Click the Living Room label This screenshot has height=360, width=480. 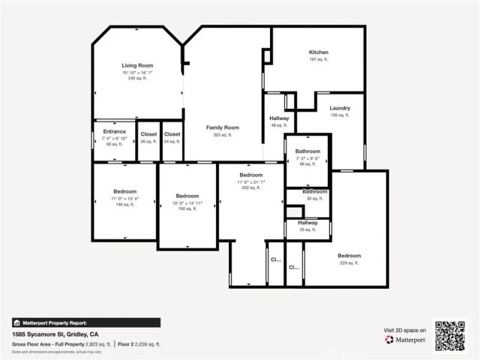pyautogui.click(x=137, y=66)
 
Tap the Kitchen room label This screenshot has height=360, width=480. pyautogui.click(x=319, y=52)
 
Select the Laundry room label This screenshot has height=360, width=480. pyautogui.click(x=340, y=108)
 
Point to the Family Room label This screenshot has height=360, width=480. pyautogui.click(x=223, y=127)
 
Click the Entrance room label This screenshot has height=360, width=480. pyautogui.click(x=114, y=131)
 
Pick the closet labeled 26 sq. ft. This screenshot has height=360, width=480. pyautogui.click(x=148, y=134)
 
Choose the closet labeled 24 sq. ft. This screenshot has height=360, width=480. pyautogui.click(x=172, y=134)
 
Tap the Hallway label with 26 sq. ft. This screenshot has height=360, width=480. pyautogui.click(x=307, y=222)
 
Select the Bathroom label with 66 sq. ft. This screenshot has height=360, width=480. pyautogui.click(x=307, y=151)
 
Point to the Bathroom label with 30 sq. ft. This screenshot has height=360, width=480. pyautogui.click(x=314, y=191)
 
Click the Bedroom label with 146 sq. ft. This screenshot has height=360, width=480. pyautogui.click(x=124, y=191)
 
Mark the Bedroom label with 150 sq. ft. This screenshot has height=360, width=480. pyautogui.click(x=187, y=196)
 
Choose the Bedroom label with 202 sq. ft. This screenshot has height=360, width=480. pyautogui.click(x=250, y=175)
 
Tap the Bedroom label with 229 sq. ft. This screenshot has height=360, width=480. pyautogui.click(x=349, y=256)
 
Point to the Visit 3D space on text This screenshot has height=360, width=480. pyautogui.click(x=405, y=330)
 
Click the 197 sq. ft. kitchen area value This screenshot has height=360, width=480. pyautogui.click(x=319, y=58)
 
